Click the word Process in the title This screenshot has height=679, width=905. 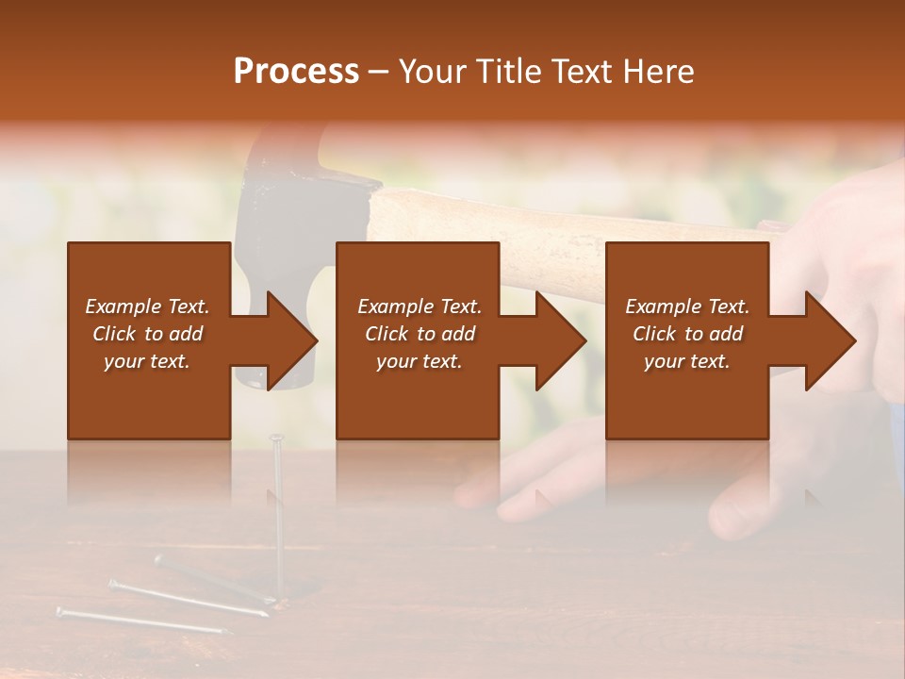[x=296, y=72]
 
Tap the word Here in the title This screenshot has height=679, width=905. [x=659, y=72]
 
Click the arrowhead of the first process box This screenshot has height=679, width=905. [x=292, y=340]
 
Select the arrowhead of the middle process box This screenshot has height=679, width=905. [x=561, y=340]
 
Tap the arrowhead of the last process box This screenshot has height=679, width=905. [x=831, y=340]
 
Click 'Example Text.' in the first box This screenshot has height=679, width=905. [x=147, y=306]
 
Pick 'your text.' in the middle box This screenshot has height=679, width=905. [x=419, y=361]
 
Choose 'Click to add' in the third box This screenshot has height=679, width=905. [x=687, y=334]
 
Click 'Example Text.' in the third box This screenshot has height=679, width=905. [x=687, y=306]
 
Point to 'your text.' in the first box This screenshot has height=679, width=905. [x=147, y=361]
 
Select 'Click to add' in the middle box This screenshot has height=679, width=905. [x=419, y=334]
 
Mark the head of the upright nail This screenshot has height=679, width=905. [x=276, y=438]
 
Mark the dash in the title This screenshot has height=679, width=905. [x=379, y=72]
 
